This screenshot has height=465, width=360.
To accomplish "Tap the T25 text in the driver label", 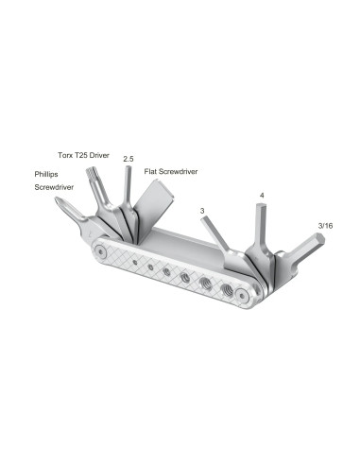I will click(88, 153).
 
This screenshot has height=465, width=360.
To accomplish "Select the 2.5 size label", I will click(129, 161).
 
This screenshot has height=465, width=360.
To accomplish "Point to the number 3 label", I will click(201, 211).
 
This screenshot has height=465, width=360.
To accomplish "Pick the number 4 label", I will click(262, 196).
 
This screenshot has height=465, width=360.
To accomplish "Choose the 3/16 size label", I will click(326, 225).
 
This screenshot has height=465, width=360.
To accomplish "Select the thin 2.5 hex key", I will click(128, 189).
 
